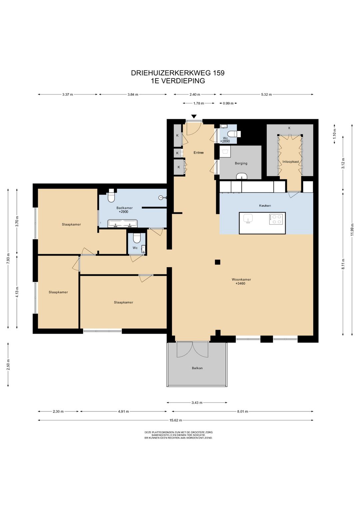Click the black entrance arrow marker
coord(194,116)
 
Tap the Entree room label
coord(199,153)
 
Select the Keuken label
coord(265,206)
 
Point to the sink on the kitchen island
coord(249,218)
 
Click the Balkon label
coord(197,368)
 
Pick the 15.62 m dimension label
coord(176,420)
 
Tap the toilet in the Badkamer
coord(111,195)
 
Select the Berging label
coord(241,163)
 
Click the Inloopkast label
coord(290,162)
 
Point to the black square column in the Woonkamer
coord(218,262)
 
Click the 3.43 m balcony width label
coord(197,403)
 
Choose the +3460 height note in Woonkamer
coord(240,284)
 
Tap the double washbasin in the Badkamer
coord(123,223)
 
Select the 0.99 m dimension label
coord(228,103)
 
